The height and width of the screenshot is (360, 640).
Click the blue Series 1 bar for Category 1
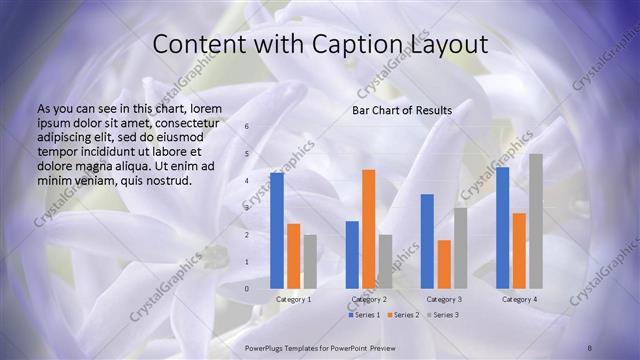tap(277, 230)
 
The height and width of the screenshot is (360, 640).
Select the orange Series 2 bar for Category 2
tap(368, 228)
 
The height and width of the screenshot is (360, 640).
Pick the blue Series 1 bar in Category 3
tap(427, 240)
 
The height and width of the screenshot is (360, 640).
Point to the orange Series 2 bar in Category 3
tap(443, 263)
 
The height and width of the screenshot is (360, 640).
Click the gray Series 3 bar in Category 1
tap(310, 261)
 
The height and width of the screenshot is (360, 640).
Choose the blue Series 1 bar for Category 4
tap(502, 227)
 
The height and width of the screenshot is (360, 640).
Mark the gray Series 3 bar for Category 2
tap(385, 261)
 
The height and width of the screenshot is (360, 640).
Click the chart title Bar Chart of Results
tap(401, 110)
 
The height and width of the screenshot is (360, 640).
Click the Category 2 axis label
tap(369, 299)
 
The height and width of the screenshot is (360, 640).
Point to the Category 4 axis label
tap(519, 299)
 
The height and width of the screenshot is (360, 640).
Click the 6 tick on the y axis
tap(248, 127)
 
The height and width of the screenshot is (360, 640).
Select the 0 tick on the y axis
tap(248, 289)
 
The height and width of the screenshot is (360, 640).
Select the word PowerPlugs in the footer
tap(267, 346)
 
